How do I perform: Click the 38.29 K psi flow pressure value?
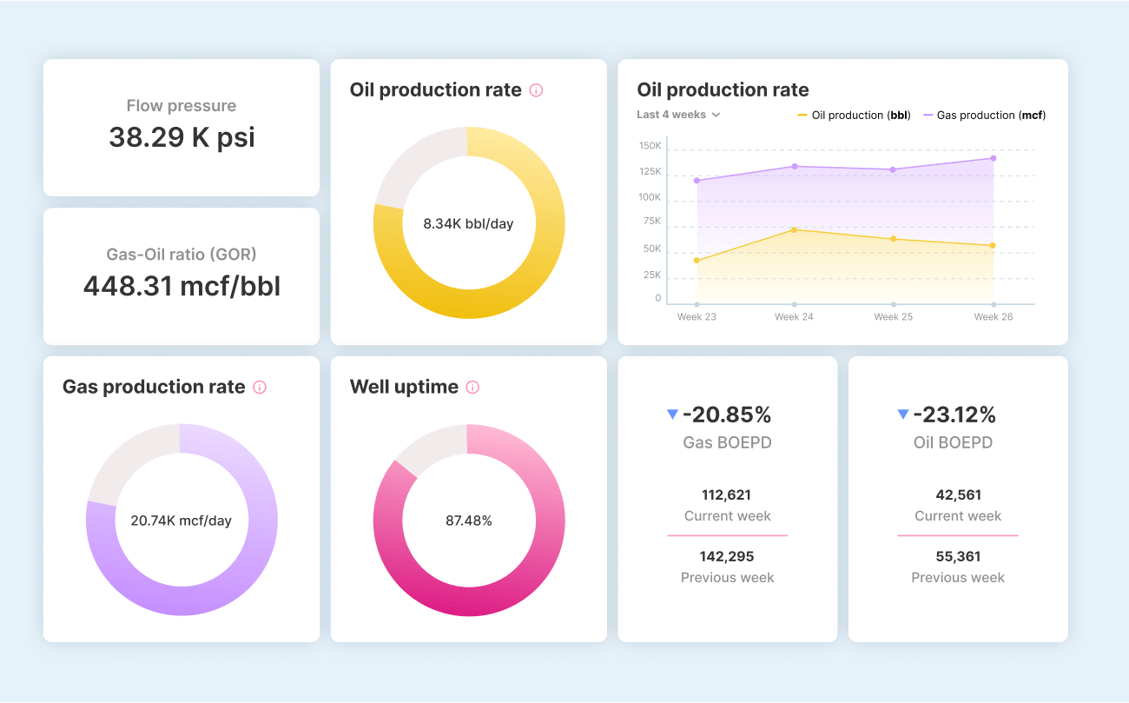[x=182, y=137]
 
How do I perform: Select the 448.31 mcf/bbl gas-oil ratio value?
[x=182, y=286]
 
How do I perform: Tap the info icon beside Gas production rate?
[x=260, y=388]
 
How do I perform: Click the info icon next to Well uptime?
[x=472, y=388]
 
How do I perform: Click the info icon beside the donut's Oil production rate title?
[x=536, y=90]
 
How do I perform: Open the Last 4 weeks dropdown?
[x=678, y=115]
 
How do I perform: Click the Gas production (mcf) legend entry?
[x=984, y=116]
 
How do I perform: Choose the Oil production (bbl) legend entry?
[x=854, y=116]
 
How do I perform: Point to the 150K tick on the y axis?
[x=650, y=145]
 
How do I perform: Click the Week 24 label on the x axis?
[x=794, y=317]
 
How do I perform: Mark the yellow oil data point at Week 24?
[x=794, y=229]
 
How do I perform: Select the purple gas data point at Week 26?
[x=993, y=158]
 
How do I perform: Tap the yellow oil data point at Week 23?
[x=697, y=261]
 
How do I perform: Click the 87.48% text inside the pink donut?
[x=469, y=521]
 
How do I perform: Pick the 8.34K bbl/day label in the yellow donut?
[x=469, y=224]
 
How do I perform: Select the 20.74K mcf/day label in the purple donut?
[x=182, y=521]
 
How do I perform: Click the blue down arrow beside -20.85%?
[x=672, y=415]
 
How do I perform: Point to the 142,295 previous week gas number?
[x=727, y=556]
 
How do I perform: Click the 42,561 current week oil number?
[x=958, y=495]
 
